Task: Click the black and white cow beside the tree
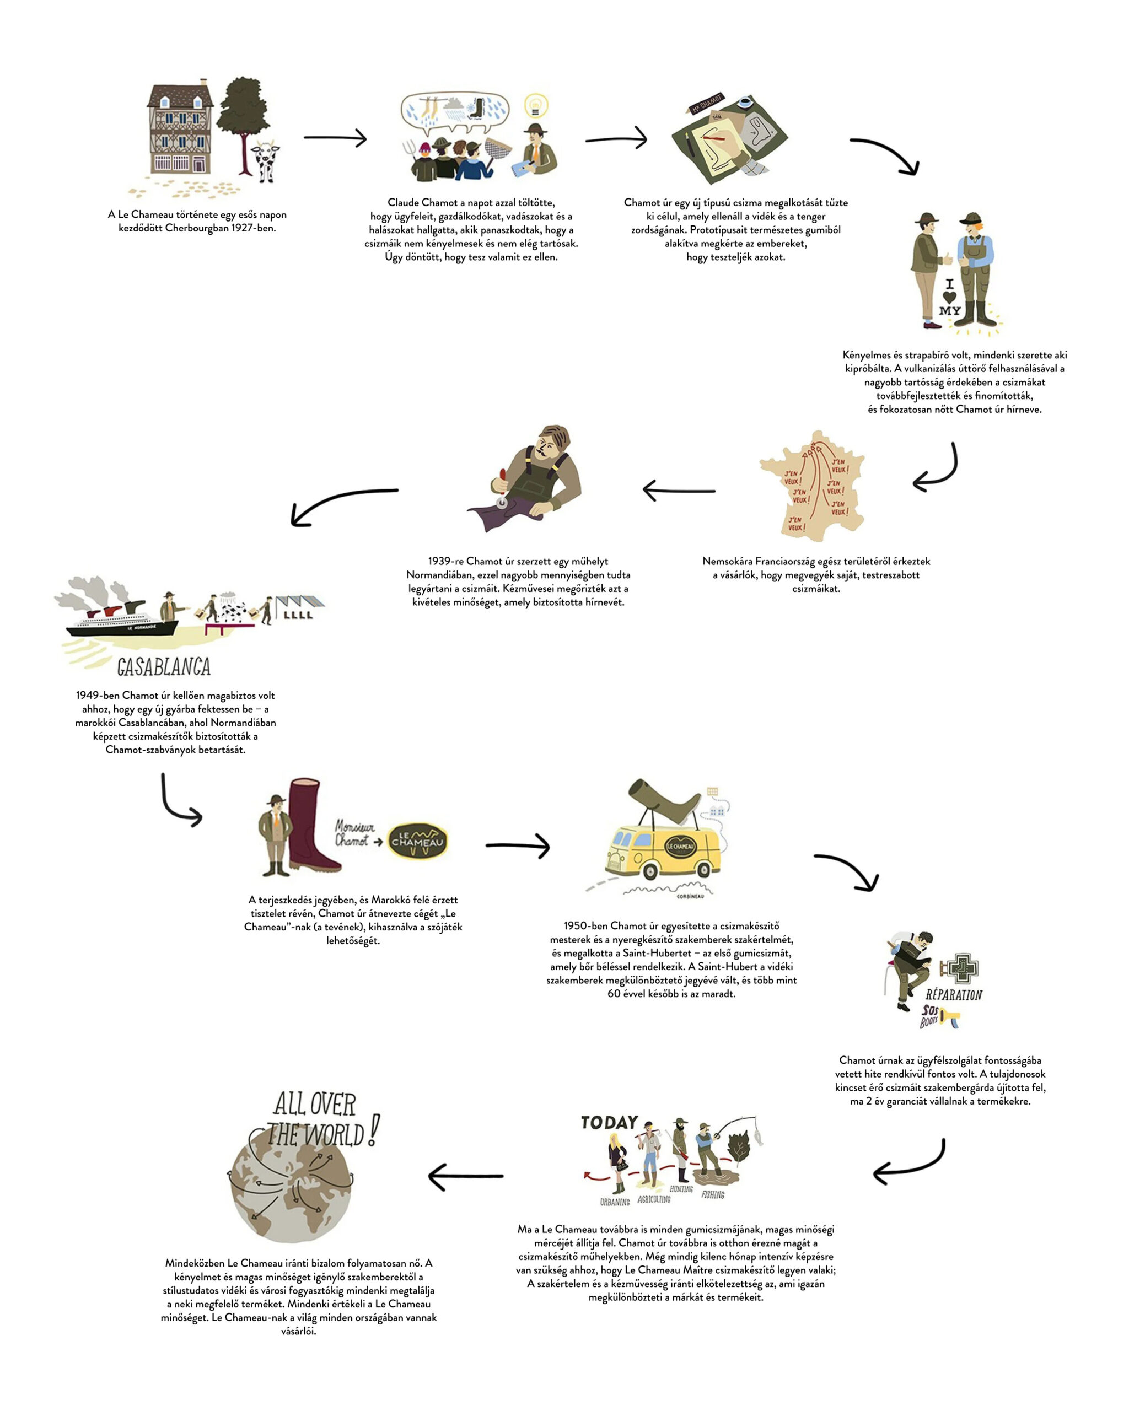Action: coord(266,161)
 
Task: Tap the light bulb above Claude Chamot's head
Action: coord(535,105)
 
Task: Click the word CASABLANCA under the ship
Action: coord(164,667)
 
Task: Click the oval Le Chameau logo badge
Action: coord(417,842)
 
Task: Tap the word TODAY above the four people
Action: coord(609,1122)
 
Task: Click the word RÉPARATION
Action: coord(953,995)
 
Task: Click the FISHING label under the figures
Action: coord(713,1195)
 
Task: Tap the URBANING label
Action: coord(615,1202)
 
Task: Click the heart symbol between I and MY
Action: coord(949,297)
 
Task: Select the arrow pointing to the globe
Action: coord(465,1176)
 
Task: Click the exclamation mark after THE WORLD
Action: coord(373,1130)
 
